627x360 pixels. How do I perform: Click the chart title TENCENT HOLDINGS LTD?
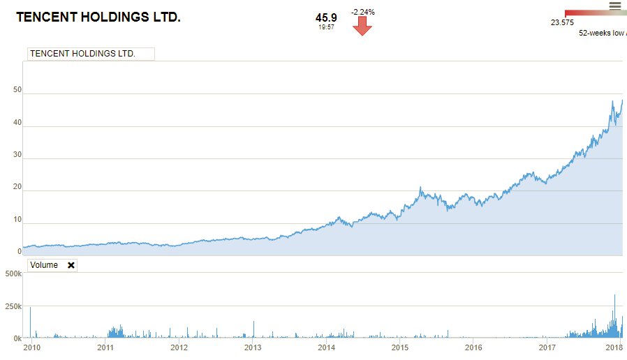[x=98, y=17]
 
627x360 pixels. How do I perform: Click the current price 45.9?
[x=326, y=17]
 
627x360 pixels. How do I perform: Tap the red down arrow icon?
[x=362, y=26]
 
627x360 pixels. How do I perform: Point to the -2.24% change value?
[x=362, y=12]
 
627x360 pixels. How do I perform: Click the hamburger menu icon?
[x=615, y=6]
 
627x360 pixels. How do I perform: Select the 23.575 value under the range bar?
[x=562, y=22]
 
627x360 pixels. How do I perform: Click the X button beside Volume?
[x=71, y=265]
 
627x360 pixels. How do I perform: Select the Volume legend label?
[x=44, y=265]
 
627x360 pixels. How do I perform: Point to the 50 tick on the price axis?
[x=17, y=90]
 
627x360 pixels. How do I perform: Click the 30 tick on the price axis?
[x=17, y=155]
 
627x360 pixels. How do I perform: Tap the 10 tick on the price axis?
[x=17, y=220]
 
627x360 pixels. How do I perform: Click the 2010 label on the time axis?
[x=31, y=347]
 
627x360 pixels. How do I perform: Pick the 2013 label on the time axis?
[x=253, y=347]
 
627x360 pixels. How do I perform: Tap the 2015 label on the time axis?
[x=399, y=347]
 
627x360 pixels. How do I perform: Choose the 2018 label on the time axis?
[x=614, y=347]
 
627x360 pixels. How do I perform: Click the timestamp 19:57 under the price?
[x=326, y=27]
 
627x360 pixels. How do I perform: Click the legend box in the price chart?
[x=90, y=54]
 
